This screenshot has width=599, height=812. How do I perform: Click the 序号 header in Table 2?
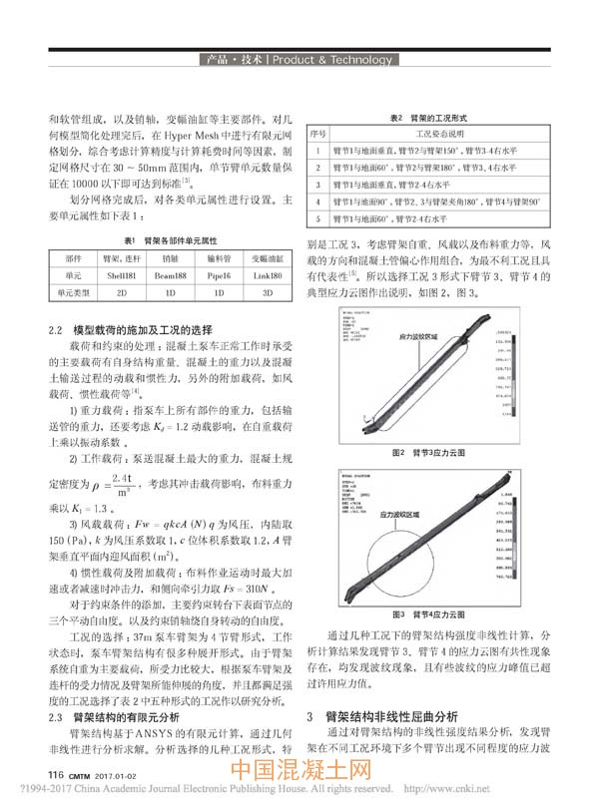click(x=317, y=132)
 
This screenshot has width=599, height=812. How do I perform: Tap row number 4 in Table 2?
click(x=317, y=203)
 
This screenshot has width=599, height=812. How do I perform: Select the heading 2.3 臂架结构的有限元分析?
click(x=114, y=715)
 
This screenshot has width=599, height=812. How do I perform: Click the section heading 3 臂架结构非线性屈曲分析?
click(x=383, y=716)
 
